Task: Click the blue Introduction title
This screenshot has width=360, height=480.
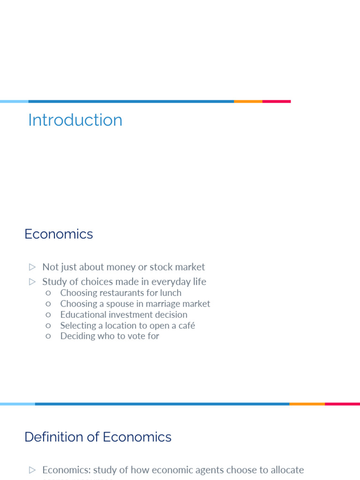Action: pos(75,120)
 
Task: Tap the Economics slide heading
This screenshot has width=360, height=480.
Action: pos(59,234)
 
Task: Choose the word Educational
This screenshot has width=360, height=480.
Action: pos(82,315)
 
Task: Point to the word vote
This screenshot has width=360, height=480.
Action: pos(137,336)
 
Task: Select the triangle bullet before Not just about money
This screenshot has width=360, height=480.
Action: pos(32,267)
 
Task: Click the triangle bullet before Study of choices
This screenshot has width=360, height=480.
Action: pos(32,282)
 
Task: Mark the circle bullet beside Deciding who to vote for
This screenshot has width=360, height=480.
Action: pos(48,336)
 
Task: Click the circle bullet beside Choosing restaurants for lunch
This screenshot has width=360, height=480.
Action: pos(48,293)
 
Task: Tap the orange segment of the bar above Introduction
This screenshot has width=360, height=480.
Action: pos(248,101)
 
